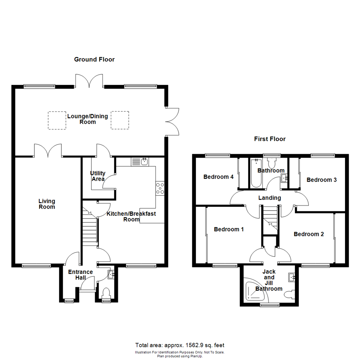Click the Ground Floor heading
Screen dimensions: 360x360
tap(94, 60)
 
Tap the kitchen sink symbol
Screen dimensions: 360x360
tap(144, 162)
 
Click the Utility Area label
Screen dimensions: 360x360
tap(98, 176)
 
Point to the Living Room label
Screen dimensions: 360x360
tap(47, 204)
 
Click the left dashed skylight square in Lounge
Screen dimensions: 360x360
tap(56, 120)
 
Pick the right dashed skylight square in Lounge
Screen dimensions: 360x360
tap(119, 120)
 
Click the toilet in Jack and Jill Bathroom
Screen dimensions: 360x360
tap(289, 295)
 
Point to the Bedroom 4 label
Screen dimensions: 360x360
tap(218, 177)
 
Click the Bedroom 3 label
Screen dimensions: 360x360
tap(321, 180)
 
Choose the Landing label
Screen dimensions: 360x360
tap(270, 198)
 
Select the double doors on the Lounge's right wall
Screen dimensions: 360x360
tap(173, 121)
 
